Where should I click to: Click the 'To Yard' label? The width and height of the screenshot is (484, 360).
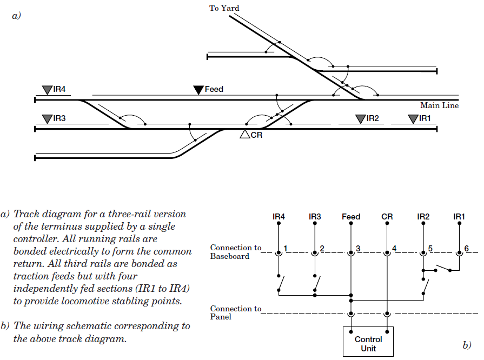(224, 8)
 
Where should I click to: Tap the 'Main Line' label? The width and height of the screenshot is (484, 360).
(439, 106)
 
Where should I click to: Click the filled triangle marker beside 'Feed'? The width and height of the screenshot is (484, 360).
(198, 89)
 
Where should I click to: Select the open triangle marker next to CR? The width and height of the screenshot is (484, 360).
(245, 135)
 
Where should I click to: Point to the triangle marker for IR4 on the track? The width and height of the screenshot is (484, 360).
(47, 89)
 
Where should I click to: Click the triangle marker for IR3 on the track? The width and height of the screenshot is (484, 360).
(47, 118)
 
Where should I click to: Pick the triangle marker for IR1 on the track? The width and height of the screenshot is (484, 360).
(413, 118)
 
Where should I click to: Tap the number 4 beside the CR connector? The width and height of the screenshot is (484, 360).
(394, 249)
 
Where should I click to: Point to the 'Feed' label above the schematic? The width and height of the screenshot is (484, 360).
(351, 217)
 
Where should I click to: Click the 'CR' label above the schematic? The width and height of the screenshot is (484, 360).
(387, 217)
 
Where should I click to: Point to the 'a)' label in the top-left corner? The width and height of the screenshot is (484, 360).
(16, 16)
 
